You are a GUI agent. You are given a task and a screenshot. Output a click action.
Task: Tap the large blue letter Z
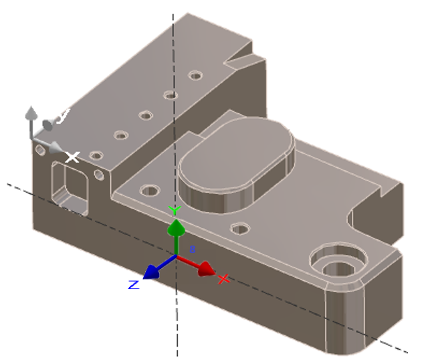pos(134,284)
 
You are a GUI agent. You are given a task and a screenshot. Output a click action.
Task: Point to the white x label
pos(72,157)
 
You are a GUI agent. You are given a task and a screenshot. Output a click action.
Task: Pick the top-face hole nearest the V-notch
pos(195,75)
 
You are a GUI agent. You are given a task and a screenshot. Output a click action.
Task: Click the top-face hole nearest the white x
pos(96,156)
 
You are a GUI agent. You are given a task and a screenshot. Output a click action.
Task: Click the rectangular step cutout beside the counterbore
pos(374,214)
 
